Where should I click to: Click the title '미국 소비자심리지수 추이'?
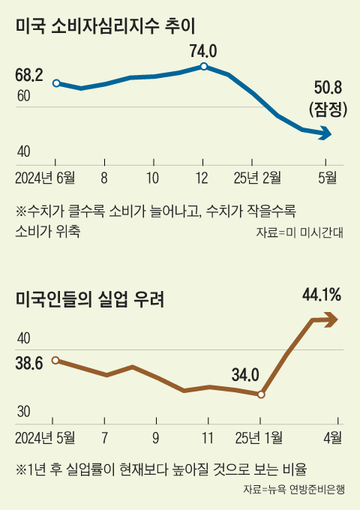105,28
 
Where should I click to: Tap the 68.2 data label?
28,75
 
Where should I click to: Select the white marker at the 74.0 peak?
203,67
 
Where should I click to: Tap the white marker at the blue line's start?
55,83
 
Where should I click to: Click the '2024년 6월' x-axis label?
45,178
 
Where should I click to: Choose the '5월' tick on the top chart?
328,178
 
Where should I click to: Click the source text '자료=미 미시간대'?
298,232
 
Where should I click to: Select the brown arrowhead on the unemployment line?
330,320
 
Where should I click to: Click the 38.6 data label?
28,364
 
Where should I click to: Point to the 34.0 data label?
245,373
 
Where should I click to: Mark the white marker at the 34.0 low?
261,394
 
